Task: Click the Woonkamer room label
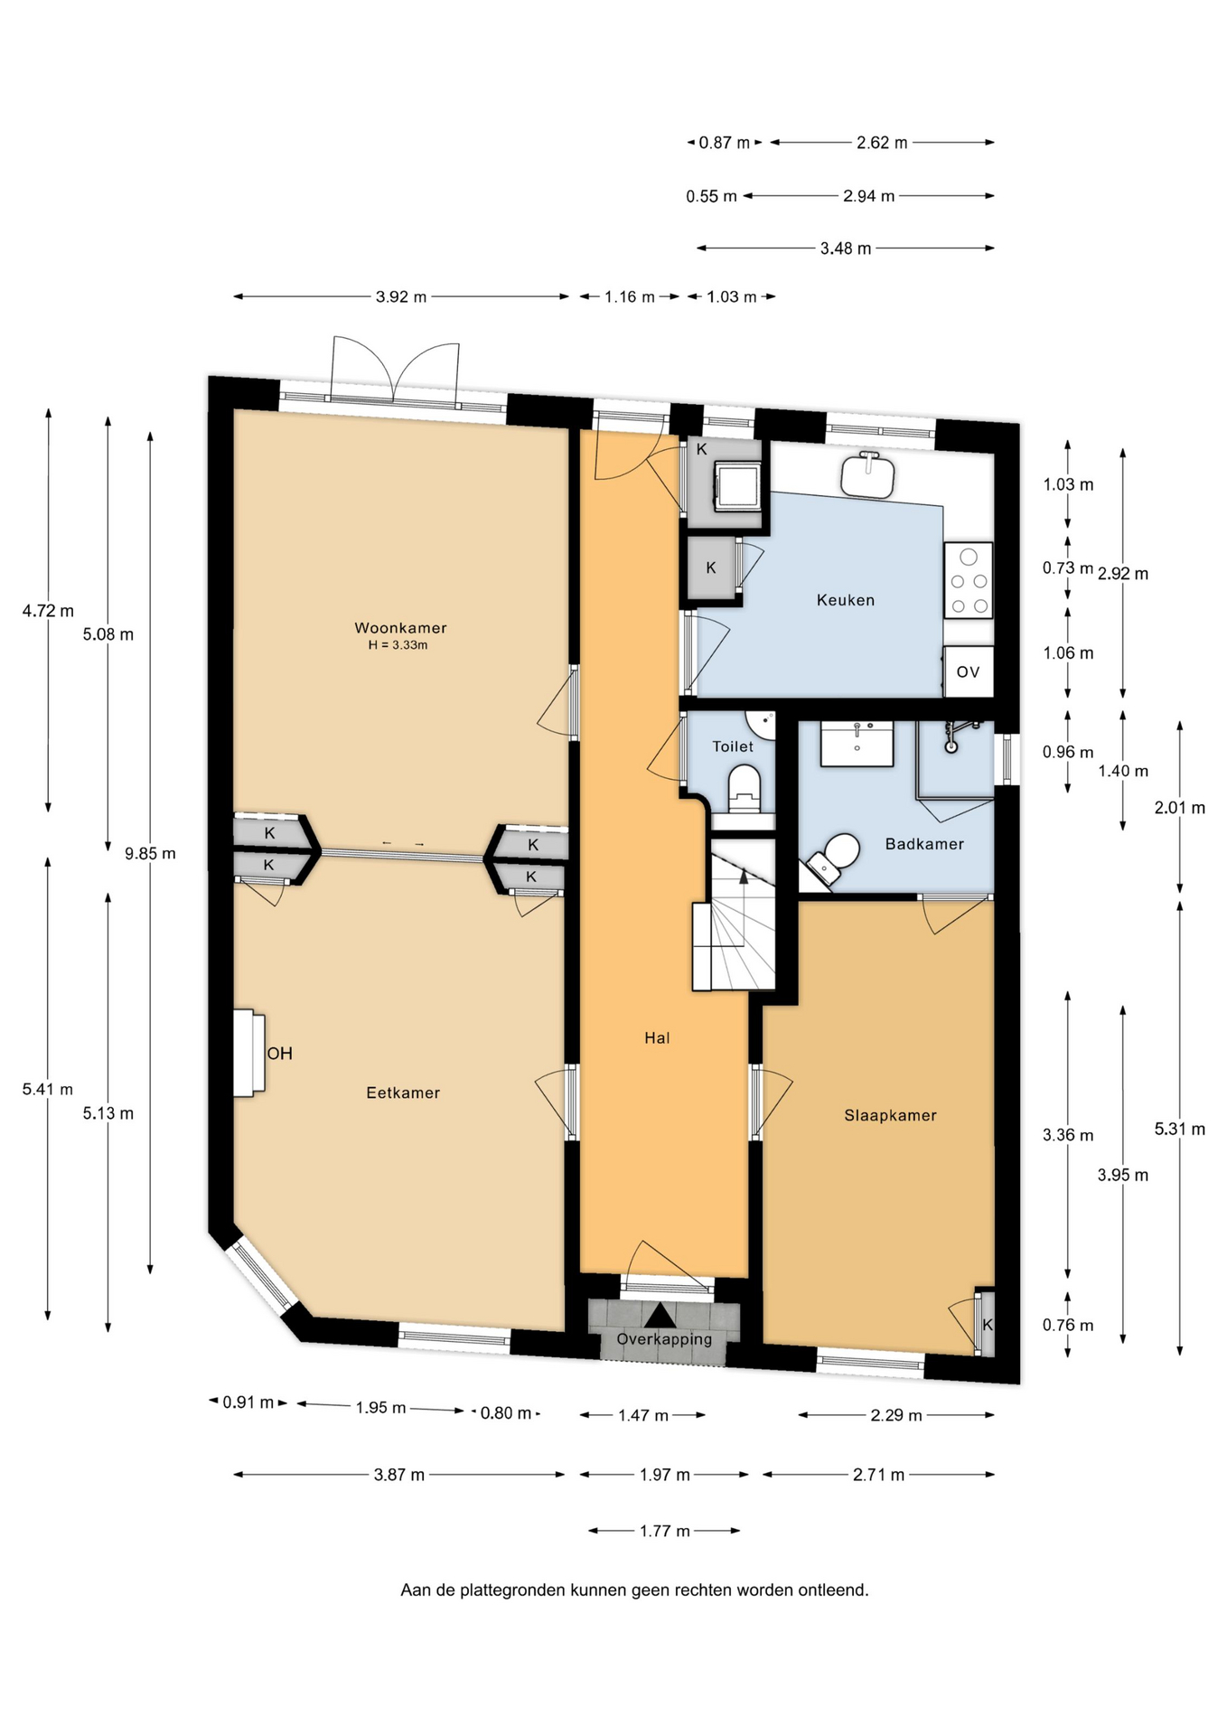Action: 400,628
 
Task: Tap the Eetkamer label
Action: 403,1093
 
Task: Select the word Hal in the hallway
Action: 657,1038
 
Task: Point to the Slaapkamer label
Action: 890,1116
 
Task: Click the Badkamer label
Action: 924,844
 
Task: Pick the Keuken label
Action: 846,600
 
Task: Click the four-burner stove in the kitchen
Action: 969,580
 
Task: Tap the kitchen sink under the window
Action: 868,474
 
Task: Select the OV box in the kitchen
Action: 969,671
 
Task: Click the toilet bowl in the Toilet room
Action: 745,788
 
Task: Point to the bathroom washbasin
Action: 857,743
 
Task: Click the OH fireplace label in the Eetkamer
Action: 279,1054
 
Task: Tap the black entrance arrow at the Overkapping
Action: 660,1315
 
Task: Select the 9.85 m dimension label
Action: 150,853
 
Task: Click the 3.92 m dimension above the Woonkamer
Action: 401,296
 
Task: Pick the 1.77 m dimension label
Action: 664,1531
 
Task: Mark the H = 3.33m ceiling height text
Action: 398,645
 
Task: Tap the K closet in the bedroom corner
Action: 987,1324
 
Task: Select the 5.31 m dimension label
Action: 1179,1129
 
